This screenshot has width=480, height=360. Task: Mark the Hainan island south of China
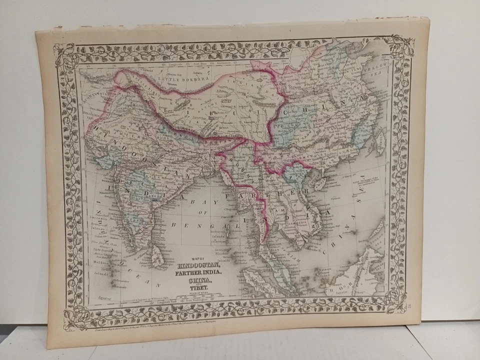coord(318,183)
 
